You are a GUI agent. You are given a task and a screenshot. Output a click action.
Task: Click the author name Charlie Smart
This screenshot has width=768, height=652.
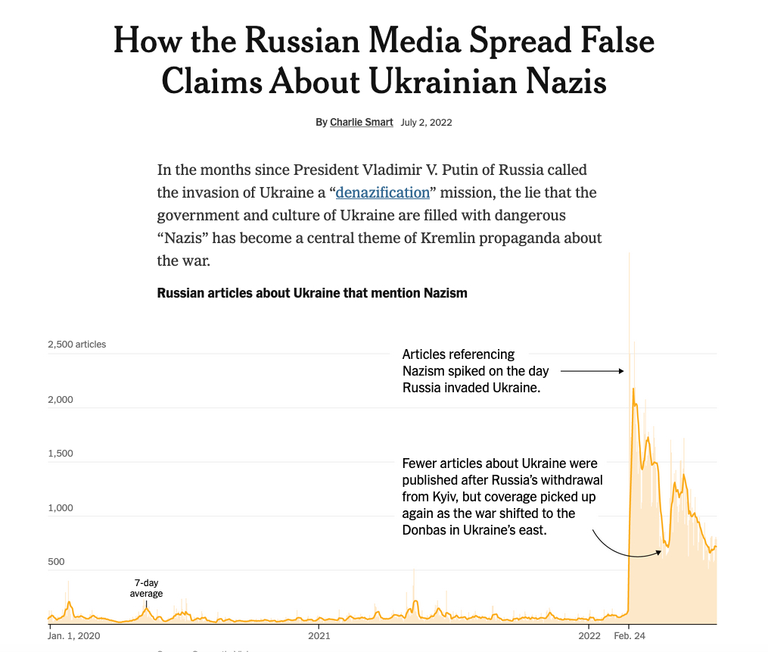tap(361, 122)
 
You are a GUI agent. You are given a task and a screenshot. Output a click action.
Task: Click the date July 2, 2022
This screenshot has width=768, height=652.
tap(426, 122)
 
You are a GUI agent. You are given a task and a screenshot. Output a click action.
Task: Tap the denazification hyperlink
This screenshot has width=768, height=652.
tap(382, 192)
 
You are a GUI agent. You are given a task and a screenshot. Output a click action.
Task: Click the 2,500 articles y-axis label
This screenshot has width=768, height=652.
tap(77, 345)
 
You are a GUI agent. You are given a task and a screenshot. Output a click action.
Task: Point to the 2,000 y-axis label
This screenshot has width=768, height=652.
tap(61, 399)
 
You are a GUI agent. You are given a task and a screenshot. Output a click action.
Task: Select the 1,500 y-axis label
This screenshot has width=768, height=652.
tap(61, 454)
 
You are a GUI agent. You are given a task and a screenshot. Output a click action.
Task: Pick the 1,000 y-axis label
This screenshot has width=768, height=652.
tap(61, 508)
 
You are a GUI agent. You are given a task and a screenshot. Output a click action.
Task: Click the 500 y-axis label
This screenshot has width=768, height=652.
tap(58, 562)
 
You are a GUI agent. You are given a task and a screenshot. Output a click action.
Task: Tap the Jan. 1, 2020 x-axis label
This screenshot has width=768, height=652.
tap(74, 635)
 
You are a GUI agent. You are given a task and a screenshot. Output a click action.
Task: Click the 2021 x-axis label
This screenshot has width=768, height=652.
tap(319, 635)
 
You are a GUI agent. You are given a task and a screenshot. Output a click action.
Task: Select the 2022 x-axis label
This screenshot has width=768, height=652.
tap(589, 635)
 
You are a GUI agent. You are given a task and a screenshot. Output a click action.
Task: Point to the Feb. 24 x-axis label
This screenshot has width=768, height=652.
tap(630, 635)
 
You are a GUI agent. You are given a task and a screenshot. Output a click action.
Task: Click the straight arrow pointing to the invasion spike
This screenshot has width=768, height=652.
tap(592, 371)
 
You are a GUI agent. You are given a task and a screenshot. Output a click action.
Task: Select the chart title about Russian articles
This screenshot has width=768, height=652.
tap(312, 293)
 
